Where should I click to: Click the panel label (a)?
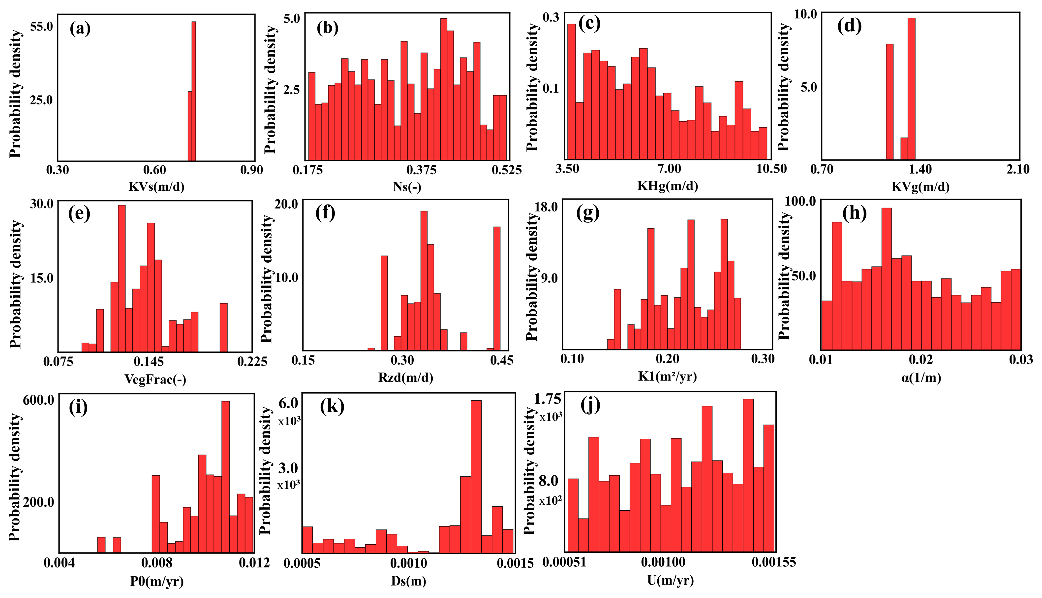[x=80, y=29]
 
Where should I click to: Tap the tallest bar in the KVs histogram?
[x=194, y=90]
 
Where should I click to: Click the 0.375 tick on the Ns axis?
[x=422, y=170]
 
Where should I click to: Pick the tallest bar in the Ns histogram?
[x=443, y=89]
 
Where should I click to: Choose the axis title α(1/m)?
[x=921, y=377]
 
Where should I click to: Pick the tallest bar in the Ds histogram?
[x=476, y=476]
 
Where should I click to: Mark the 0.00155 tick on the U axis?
[x=774, y=562]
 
